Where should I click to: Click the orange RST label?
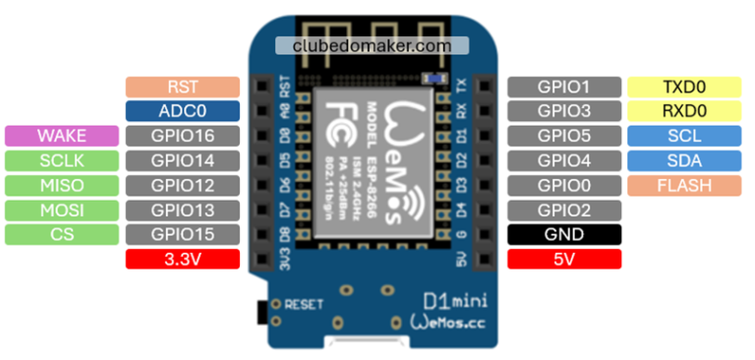183,87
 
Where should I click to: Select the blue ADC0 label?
183,111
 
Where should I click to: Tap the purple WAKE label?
62,136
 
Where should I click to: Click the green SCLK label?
62,160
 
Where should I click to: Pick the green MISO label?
62,185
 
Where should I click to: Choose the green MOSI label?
62,210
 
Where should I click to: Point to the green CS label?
62,234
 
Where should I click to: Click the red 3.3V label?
183,259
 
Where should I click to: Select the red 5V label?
564,259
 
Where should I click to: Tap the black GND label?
564,234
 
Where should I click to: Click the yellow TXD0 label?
684,87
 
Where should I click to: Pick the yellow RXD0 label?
684,111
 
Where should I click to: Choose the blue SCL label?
684,136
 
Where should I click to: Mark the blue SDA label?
684,160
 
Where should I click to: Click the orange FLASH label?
684,185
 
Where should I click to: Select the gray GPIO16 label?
183,136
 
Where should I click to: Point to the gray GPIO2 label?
564,210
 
